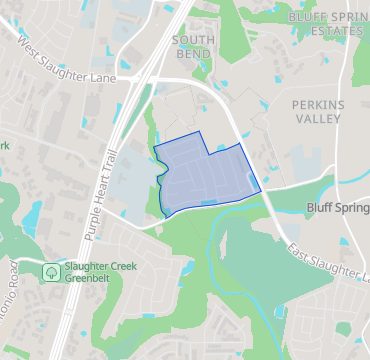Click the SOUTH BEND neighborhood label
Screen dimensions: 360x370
click(192, 45)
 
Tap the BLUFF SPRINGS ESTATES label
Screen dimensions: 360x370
click(328, 24)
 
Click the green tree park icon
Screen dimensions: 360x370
click(50, 271)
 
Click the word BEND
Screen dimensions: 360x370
click(192, 52)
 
